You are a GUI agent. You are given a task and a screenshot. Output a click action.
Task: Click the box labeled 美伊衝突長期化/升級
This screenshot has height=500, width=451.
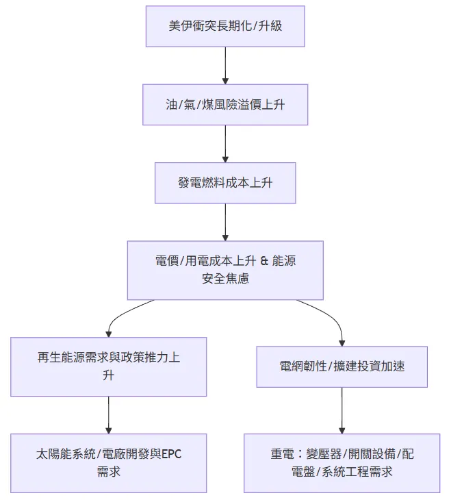(225, 27)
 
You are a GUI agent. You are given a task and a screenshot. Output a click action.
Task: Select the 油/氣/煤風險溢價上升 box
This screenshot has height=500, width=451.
(225, 105)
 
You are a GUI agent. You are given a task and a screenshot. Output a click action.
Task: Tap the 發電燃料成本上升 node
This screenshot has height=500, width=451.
(225, 183)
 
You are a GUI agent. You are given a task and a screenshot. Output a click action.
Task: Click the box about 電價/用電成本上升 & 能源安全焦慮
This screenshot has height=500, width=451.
(225, 270)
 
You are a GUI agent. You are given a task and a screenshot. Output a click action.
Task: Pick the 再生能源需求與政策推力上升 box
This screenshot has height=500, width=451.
(109, 366)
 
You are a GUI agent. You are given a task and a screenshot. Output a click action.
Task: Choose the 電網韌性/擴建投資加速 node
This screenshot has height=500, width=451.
(342, 366)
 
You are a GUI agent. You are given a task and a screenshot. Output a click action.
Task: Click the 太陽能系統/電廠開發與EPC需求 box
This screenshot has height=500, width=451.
(109, 463)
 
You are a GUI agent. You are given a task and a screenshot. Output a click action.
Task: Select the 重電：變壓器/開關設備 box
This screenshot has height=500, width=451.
(342, 463)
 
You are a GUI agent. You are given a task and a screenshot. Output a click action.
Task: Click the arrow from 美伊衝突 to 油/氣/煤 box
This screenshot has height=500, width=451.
(225, 66)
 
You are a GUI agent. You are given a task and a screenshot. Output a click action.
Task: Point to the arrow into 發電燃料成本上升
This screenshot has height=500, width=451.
(225, 144)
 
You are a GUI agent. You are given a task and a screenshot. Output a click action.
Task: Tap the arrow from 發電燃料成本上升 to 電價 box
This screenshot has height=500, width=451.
(225, 222)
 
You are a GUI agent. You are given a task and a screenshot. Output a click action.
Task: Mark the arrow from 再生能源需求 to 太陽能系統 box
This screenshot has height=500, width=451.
(109, 415)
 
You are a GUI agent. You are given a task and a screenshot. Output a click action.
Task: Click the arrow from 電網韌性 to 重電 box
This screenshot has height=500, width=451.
(342, 411)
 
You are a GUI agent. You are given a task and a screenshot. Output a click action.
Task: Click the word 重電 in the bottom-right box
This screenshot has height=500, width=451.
(283, 454)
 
